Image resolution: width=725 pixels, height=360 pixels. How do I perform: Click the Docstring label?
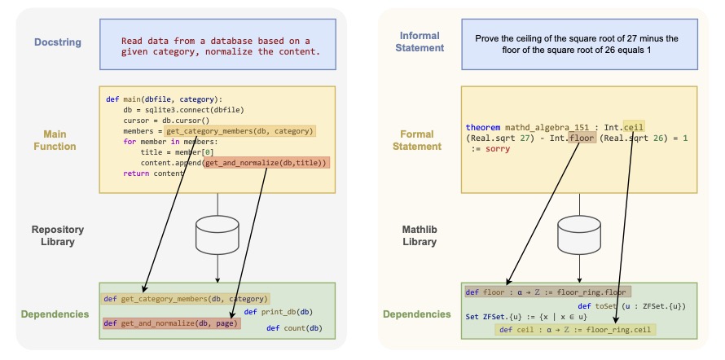click(56, 42)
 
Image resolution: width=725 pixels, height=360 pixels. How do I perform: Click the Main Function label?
click(56, 139)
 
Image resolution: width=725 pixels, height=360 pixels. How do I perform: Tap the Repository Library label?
click(57, 236)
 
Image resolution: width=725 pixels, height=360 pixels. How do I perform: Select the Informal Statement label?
click(421, 42)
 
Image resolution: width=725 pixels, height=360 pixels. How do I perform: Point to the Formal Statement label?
click(421, 139)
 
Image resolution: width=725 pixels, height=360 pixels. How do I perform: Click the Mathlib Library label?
click(421, 236)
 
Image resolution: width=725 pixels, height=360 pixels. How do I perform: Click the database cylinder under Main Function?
click(217, 235)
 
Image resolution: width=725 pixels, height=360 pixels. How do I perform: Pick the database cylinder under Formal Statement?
click(580, 235)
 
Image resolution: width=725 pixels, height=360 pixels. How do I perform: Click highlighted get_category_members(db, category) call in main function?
click(239, 130)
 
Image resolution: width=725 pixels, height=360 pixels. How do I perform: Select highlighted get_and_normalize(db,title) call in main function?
click(266, 163)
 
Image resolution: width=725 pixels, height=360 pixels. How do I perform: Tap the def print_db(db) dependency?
click(277, 312)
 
